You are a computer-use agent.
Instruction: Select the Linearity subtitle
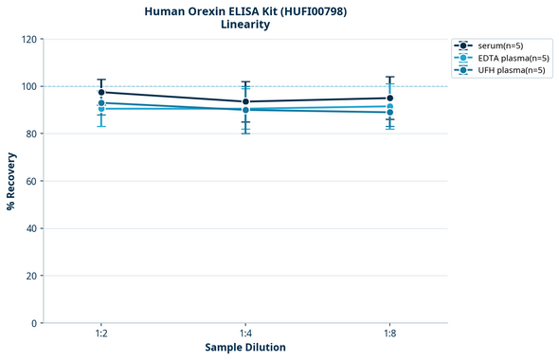tap(245, 25)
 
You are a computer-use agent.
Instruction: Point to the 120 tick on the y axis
tap(28, 39)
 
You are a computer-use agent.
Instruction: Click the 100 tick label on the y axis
tap(28, 86)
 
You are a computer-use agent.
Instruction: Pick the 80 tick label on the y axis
tap(31, 134)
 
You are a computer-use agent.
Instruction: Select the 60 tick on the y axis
tap(31, 181)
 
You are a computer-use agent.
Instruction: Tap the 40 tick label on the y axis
tap(31, 228)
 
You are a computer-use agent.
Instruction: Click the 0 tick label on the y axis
tap(34, 323)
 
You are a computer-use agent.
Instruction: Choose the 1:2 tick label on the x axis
tap(101, 334)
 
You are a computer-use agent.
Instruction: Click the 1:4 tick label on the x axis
tap(245, 334)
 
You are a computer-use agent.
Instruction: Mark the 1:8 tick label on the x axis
tap(389, 334)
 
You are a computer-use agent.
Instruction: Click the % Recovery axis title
tap(11, 181)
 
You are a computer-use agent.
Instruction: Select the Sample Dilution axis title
tap(245, 348)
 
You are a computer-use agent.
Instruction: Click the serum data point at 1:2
tap(101, 92)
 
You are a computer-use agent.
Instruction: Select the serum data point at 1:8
tap(389, 98)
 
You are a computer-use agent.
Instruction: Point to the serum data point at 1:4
tap(245, 101)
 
